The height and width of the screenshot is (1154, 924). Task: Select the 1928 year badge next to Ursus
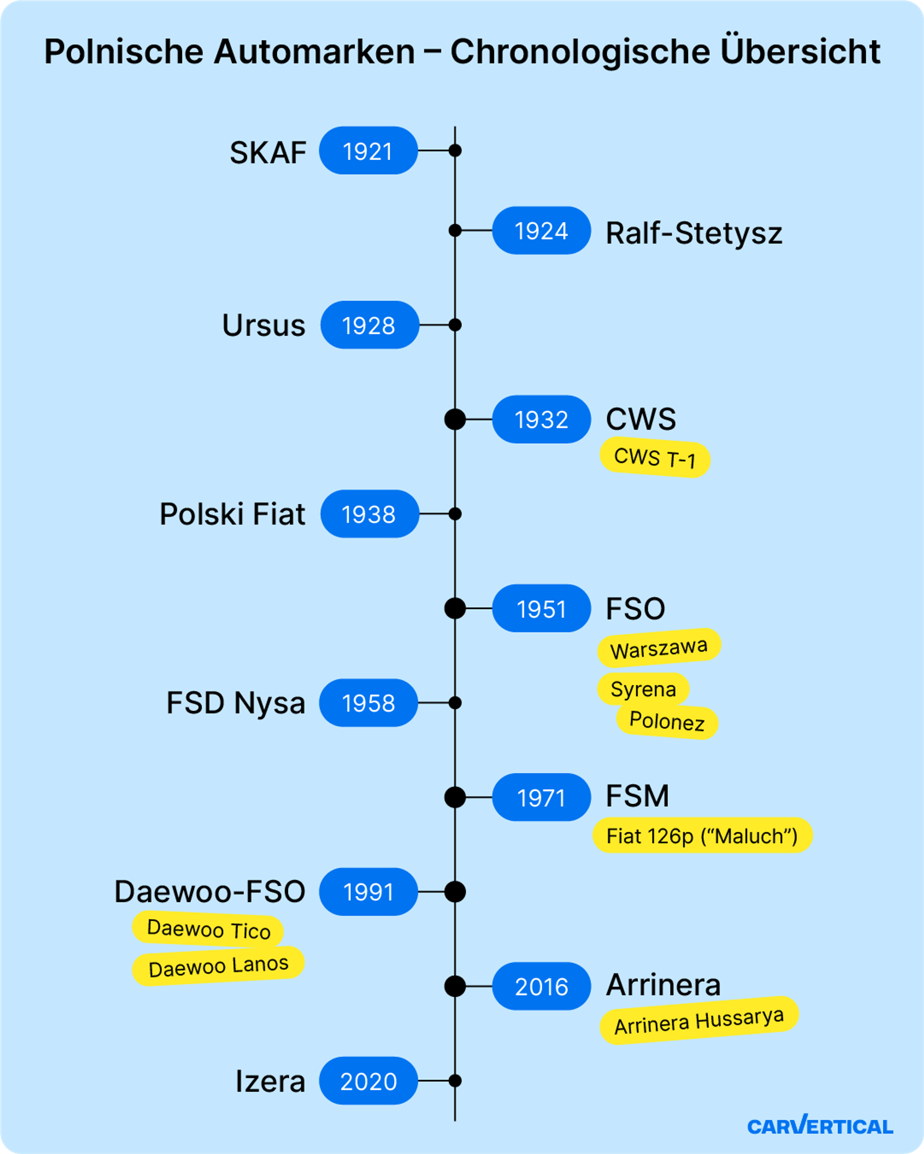pos(370,325)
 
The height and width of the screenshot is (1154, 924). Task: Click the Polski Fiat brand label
pos(232,514)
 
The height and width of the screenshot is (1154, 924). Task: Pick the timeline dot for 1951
pos(455,609)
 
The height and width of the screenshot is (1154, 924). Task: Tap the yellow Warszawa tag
pos(659,648)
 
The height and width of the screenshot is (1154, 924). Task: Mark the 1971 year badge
pos(542,798)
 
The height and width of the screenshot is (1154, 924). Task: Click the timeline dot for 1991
pos(455,892)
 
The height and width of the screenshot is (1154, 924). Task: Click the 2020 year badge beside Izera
pos(369,1081)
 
